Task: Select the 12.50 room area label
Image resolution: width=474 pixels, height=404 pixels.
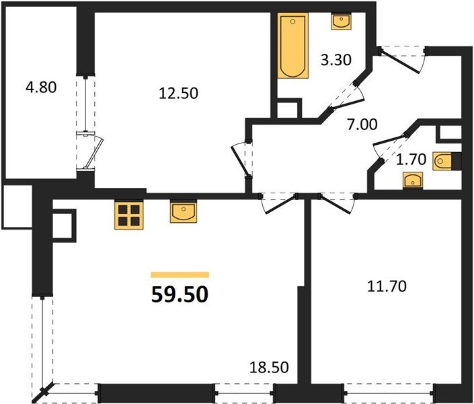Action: (x=177, y=94)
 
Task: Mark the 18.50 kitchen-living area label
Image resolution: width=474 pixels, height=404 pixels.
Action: (x=265, y=368)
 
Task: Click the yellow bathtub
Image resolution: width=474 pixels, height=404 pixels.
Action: (x=292, y=46)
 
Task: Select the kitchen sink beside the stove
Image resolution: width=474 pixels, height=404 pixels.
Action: (x=182, y=212)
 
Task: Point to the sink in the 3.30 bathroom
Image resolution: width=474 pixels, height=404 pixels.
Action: (x=342, y=22)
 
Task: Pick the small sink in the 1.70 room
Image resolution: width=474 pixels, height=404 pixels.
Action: (x=411, y=180)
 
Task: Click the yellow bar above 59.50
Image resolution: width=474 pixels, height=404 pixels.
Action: (x=180, y=275)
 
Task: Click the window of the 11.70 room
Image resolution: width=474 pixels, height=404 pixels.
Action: (x=388, y=389)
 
